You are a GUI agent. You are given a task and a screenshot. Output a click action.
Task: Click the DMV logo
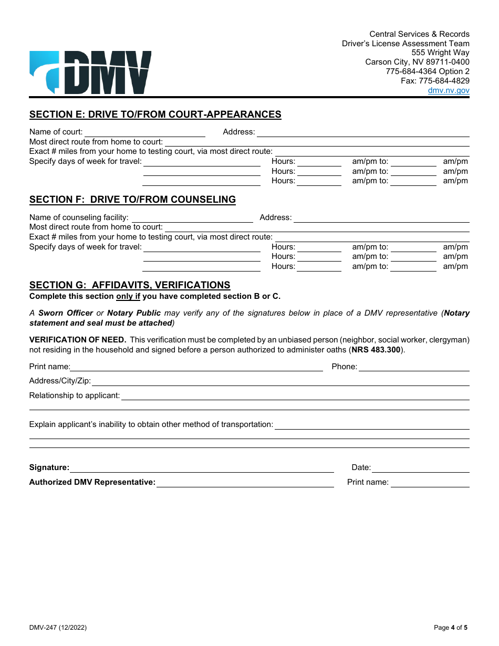click(90, 72)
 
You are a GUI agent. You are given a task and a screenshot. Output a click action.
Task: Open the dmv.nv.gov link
click(449, 90)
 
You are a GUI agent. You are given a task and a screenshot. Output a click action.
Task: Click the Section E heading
click(155, 114)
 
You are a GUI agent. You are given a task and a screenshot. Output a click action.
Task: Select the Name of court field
click(144, 132)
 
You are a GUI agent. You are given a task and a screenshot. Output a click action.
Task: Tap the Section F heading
click(132, 200)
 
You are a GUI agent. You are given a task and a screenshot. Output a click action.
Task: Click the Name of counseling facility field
click(192, 218)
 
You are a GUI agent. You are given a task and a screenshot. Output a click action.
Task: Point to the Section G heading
click(130, 285)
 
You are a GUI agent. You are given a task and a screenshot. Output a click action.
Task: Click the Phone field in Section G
click(414, 367)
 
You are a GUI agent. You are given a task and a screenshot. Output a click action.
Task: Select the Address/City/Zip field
click(280, 381)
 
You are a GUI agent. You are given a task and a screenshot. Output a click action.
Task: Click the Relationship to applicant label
click(75, 395)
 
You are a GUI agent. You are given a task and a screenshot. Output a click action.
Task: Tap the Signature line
click(202, 468)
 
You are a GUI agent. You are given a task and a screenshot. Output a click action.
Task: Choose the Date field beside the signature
click(421, 468)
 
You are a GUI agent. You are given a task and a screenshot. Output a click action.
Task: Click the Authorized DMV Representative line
click(245, 483)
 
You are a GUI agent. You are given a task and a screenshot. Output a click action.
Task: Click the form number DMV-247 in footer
click(58, 628)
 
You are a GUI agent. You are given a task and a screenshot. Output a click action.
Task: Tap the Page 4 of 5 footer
click(450, 628)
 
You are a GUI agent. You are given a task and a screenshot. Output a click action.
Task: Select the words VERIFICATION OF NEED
click(78, 340)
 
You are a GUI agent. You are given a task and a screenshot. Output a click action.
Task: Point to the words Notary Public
click(134, 313)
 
